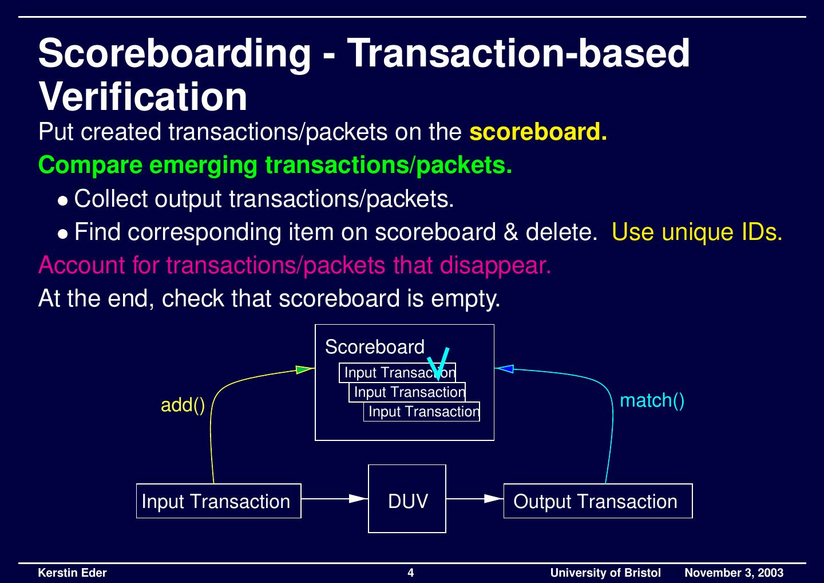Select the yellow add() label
pos(183,405)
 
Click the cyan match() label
pos(652,401)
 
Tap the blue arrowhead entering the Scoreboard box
pos(504,368)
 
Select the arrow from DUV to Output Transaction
pos(474,499)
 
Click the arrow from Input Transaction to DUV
pos(334,499)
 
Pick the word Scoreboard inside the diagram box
pos(374,346)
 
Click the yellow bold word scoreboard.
pos(538,132)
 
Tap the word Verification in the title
pos(142,96)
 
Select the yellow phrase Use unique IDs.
pos(697,232)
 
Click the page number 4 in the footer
pos(410,573)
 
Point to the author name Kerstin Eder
pos(72,573)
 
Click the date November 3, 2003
pos(734,573)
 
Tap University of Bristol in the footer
pos(605,573)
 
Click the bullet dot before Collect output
pos(63,201)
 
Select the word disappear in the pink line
pos(495,265)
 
